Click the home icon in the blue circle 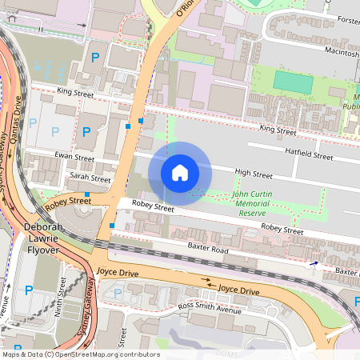click(x=180, y=173)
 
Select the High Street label click(x=253, y=174)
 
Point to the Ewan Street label click(x=74, y=156)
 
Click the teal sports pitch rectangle click(x=293, y=82)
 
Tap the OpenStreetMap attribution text click(x=81, y=354)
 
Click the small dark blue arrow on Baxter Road click(x=313, y=262)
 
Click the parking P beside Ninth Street click(x=29, y=290)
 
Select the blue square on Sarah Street click(x=87, y=183)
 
